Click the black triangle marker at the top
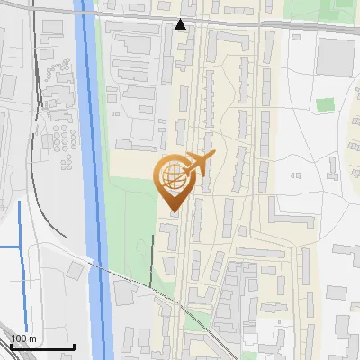[181, 24]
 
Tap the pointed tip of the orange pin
[172, 212]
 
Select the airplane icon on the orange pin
[198, 164]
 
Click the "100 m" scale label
[23, 338]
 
